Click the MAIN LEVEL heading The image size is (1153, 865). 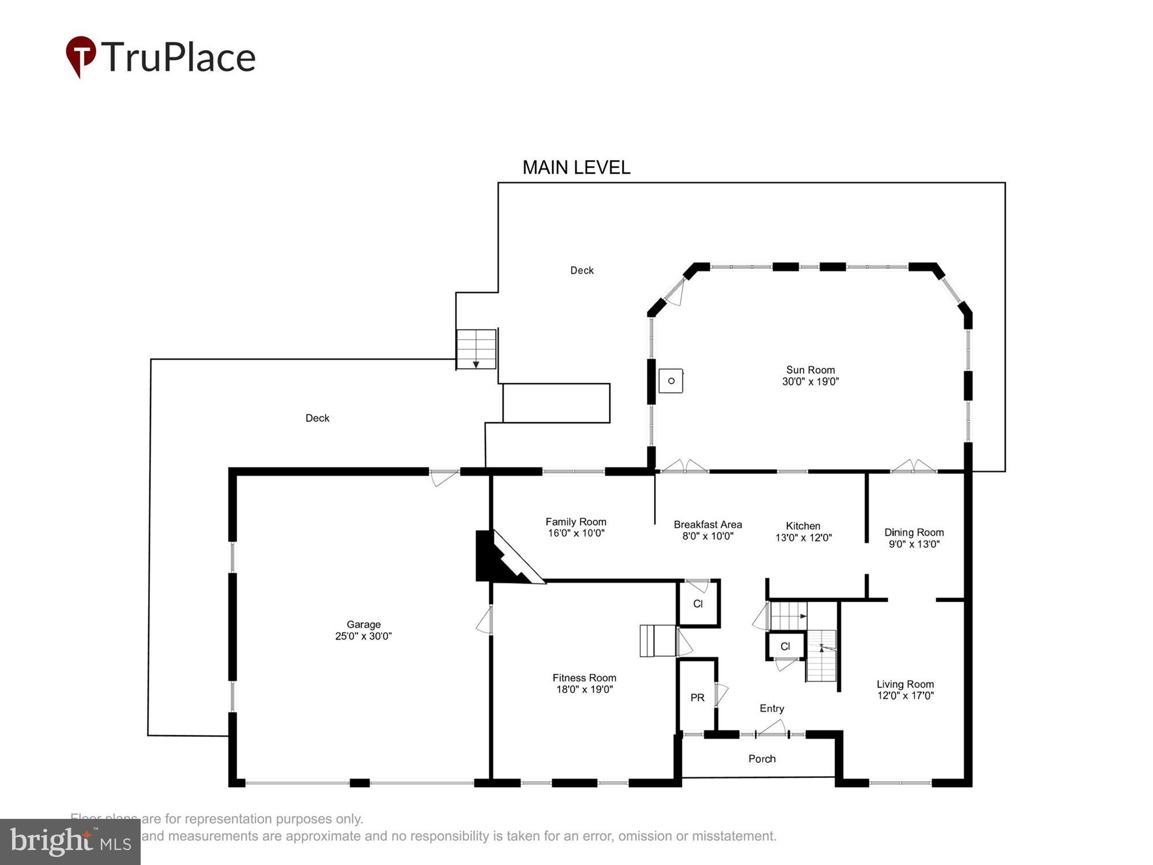[x=576, y=168]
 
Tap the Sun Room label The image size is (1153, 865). [x=810, y=370]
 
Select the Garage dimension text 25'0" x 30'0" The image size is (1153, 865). [x=363, y=636]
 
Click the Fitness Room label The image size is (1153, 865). [x=584, y=678]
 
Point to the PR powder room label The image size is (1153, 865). [x=697, y=698]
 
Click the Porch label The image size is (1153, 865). [x=762, y=759]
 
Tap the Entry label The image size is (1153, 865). [x=771, y=709]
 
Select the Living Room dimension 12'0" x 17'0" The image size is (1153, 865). [x=905, y=695]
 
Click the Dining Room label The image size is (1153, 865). [x=914, y=532]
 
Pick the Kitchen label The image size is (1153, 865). [x=802, y=526]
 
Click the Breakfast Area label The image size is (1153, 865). [x=707, y=525]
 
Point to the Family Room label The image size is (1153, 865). [x=575, y=522]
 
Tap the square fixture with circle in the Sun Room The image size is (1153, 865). [x=670, y=381]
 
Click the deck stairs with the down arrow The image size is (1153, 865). [x=476, y=349]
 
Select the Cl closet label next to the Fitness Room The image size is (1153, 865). [x=698, y=604]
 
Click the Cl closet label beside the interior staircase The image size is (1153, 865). [x=785, y=646]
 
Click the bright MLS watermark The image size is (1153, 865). [x=70, y=842]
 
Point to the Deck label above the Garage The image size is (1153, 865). [x=317, y=418]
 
